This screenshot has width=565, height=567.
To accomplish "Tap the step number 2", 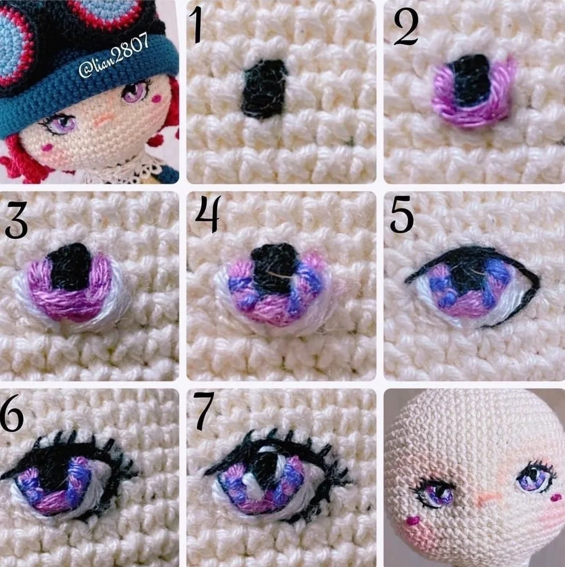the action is pos(406,28).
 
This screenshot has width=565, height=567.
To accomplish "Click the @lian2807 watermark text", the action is pos(113,55).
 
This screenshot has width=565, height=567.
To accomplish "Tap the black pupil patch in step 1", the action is pos(263,88).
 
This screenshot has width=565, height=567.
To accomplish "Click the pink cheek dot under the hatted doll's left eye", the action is pos(48,147).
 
